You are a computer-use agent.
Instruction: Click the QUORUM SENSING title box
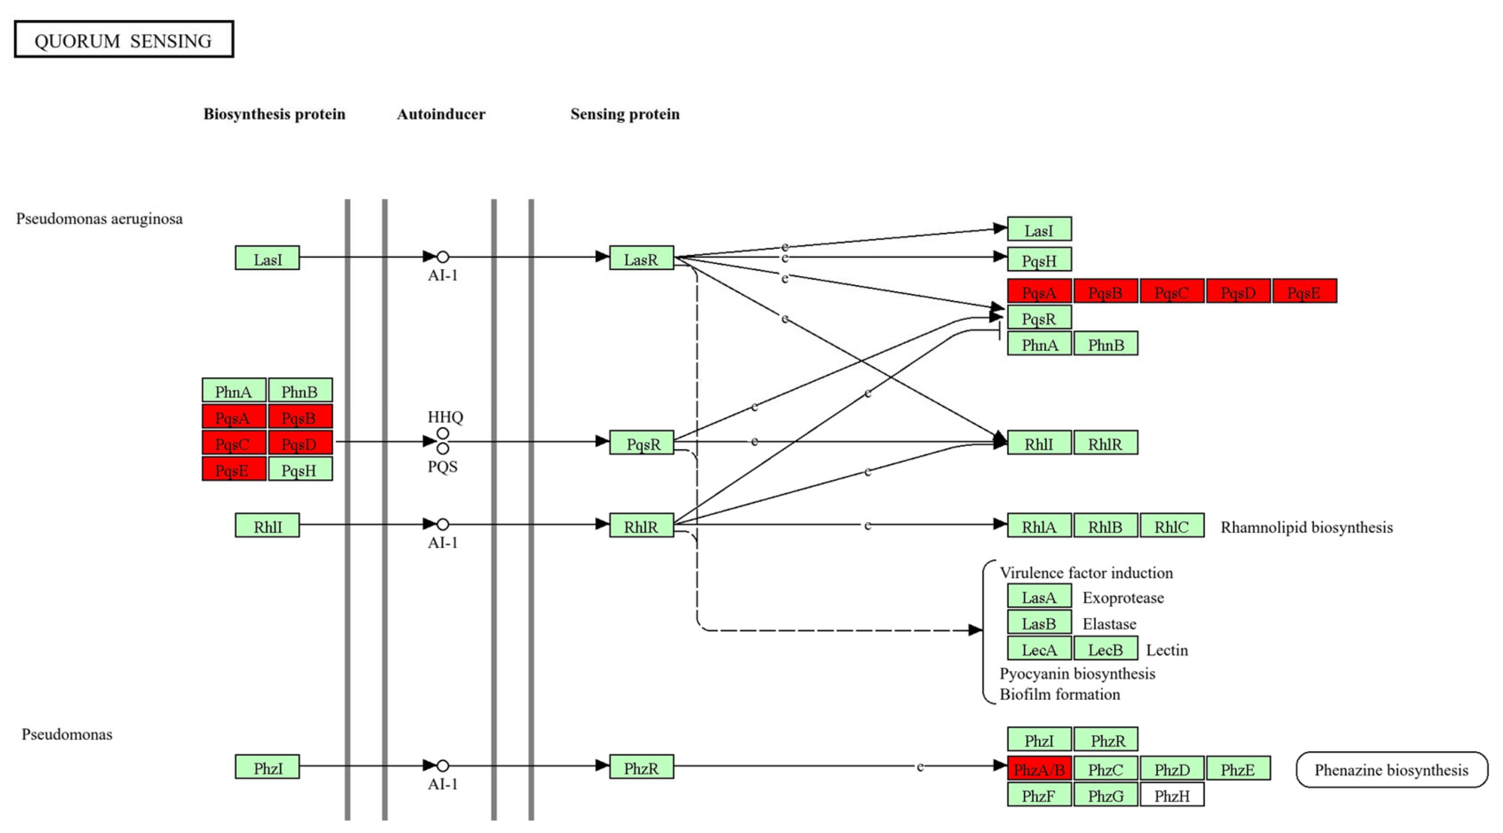coord(123,40)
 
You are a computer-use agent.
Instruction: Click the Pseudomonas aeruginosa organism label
coord(99,219)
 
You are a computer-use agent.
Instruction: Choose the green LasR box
coord(641,258)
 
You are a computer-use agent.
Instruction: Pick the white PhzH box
coord(1172,795)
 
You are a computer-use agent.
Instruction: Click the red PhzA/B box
coord(1039,769)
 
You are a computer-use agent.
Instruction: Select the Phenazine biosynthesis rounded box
coord(1391,769)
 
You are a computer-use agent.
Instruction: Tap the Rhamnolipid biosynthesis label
coord(1306,527)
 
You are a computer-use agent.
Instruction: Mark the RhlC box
coord(1172,526)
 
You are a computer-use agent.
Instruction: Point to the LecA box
coord(1039,649)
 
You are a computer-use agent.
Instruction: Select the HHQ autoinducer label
coord(445,417)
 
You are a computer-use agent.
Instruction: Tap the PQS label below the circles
coord(442,466)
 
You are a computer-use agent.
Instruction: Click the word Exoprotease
coord(1123,598)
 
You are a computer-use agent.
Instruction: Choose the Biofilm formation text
coord(1059,694)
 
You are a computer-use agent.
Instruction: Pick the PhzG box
coord(1105,795)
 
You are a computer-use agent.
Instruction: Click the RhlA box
coord(1039,526)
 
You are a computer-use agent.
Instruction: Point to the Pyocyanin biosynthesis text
coord(1077,674)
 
